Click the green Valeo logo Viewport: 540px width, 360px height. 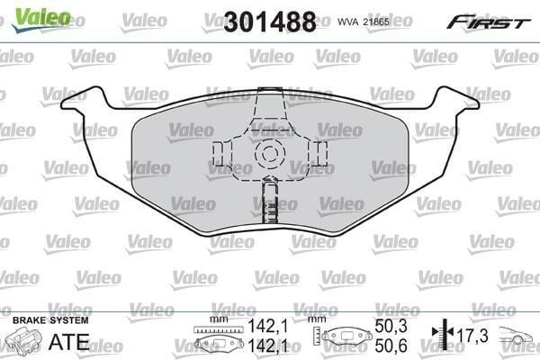[x=41, y=19]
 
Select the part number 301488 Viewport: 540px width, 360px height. [x=270, y=22]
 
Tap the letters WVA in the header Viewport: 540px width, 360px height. [x=347, y=22]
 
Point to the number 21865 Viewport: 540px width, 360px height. [x=376, y=22]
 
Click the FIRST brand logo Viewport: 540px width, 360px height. [x=489, y=22]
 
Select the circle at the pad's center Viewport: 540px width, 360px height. [x=270, y=153]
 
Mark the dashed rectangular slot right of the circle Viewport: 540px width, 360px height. [x=321, y=153]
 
